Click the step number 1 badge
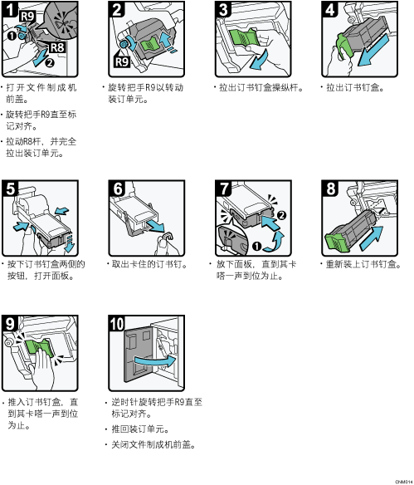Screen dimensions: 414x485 (10, 8)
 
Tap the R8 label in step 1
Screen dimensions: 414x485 (57, 47)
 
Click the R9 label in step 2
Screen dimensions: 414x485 (122, 61)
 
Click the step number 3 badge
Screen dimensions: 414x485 (224, 9)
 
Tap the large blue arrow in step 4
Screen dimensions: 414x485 (373, 50)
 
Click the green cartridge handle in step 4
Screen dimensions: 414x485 (344, 47)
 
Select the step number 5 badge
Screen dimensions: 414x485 (10, 188)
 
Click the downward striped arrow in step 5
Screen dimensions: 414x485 (70, 243)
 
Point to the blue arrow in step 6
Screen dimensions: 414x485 (156, 226)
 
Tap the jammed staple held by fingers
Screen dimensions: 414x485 (166, 237)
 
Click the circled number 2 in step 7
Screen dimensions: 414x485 (281, 215)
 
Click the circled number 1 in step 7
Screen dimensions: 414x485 (256, 247)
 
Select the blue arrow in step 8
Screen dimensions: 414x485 (372, 238)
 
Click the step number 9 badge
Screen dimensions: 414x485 (10, 323)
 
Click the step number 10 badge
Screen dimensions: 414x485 (117, 323)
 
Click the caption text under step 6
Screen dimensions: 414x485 (149, 264)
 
